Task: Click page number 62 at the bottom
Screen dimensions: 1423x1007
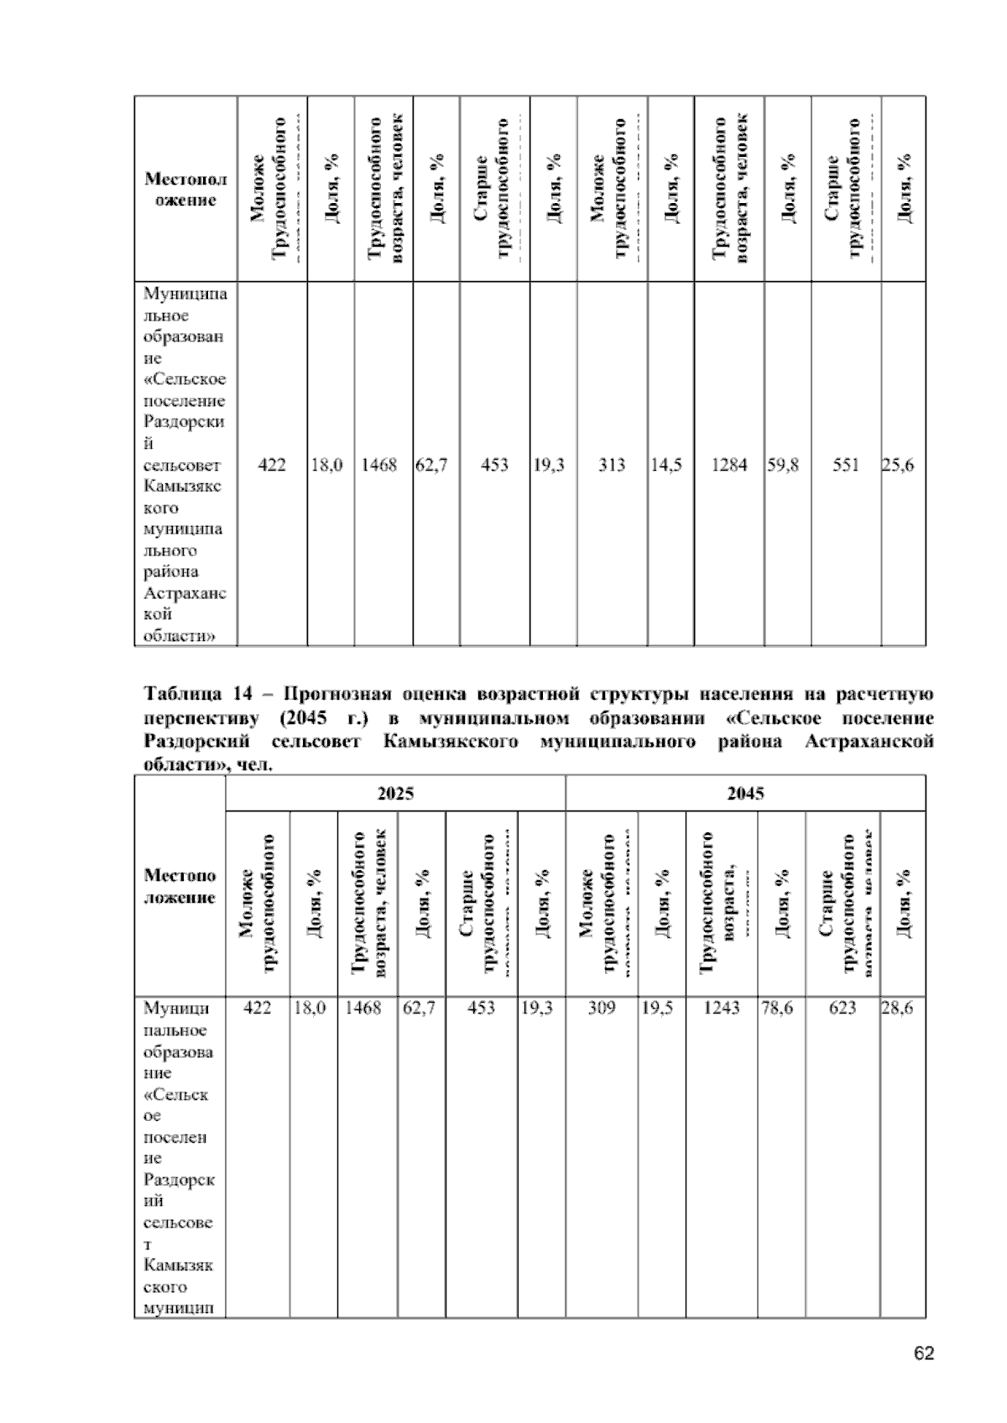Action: (x=923, y=1353)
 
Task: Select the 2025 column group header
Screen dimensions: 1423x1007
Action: (x=395, y=794)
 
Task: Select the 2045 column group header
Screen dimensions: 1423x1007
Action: (x=745, y=794)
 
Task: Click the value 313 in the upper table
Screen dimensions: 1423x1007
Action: (x=612, y=464)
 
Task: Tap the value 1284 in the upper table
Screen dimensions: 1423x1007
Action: (x=729, y=464)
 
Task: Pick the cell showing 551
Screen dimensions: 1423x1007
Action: (x=846, y=464)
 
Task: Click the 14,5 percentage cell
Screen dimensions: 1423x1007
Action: (x=666, y=464)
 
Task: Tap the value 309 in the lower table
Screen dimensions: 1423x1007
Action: (x=602, y=1009)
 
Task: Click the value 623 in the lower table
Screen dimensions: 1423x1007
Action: (x=843, y=1009)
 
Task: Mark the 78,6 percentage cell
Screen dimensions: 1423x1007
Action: (x=777, y=1009)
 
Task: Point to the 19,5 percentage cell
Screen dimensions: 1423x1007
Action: (x=657, y=1009)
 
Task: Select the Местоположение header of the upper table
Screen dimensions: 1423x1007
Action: (x=185, y=190)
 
